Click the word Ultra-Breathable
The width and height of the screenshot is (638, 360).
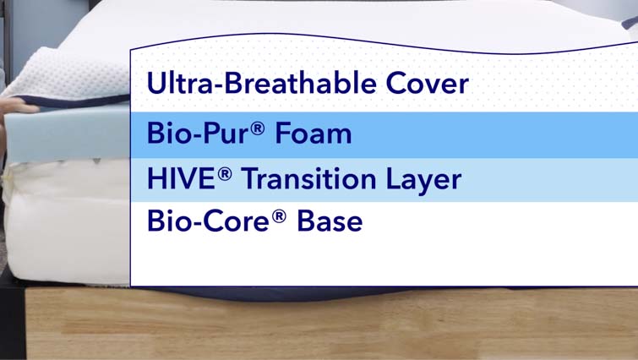tap(262, 83)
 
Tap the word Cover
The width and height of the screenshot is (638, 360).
tap(428, 84)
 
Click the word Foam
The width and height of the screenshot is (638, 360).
tap(314, 133)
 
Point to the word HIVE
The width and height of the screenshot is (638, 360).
tap(181, 178)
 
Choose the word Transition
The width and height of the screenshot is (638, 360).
tap(308, 178)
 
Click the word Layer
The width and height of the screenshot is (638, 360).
tap(423, 180)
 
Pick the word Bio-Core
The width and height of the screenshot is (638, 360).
tap(208, 221)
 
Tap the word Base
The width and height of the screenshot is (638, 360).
tap(330, 221)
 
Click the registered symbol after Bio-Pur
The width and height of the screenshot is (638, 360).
tap(258, 128)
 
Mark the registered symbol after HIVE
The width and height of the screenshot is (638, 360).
tap(225, 174)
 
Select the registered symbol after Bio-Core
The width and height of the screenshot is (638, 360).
tap(279, 216)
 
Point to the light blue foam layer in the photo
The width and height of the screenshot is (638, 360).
tap(67, 132)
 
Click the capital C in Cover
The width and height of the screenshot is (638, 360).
tap(396, 84)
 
